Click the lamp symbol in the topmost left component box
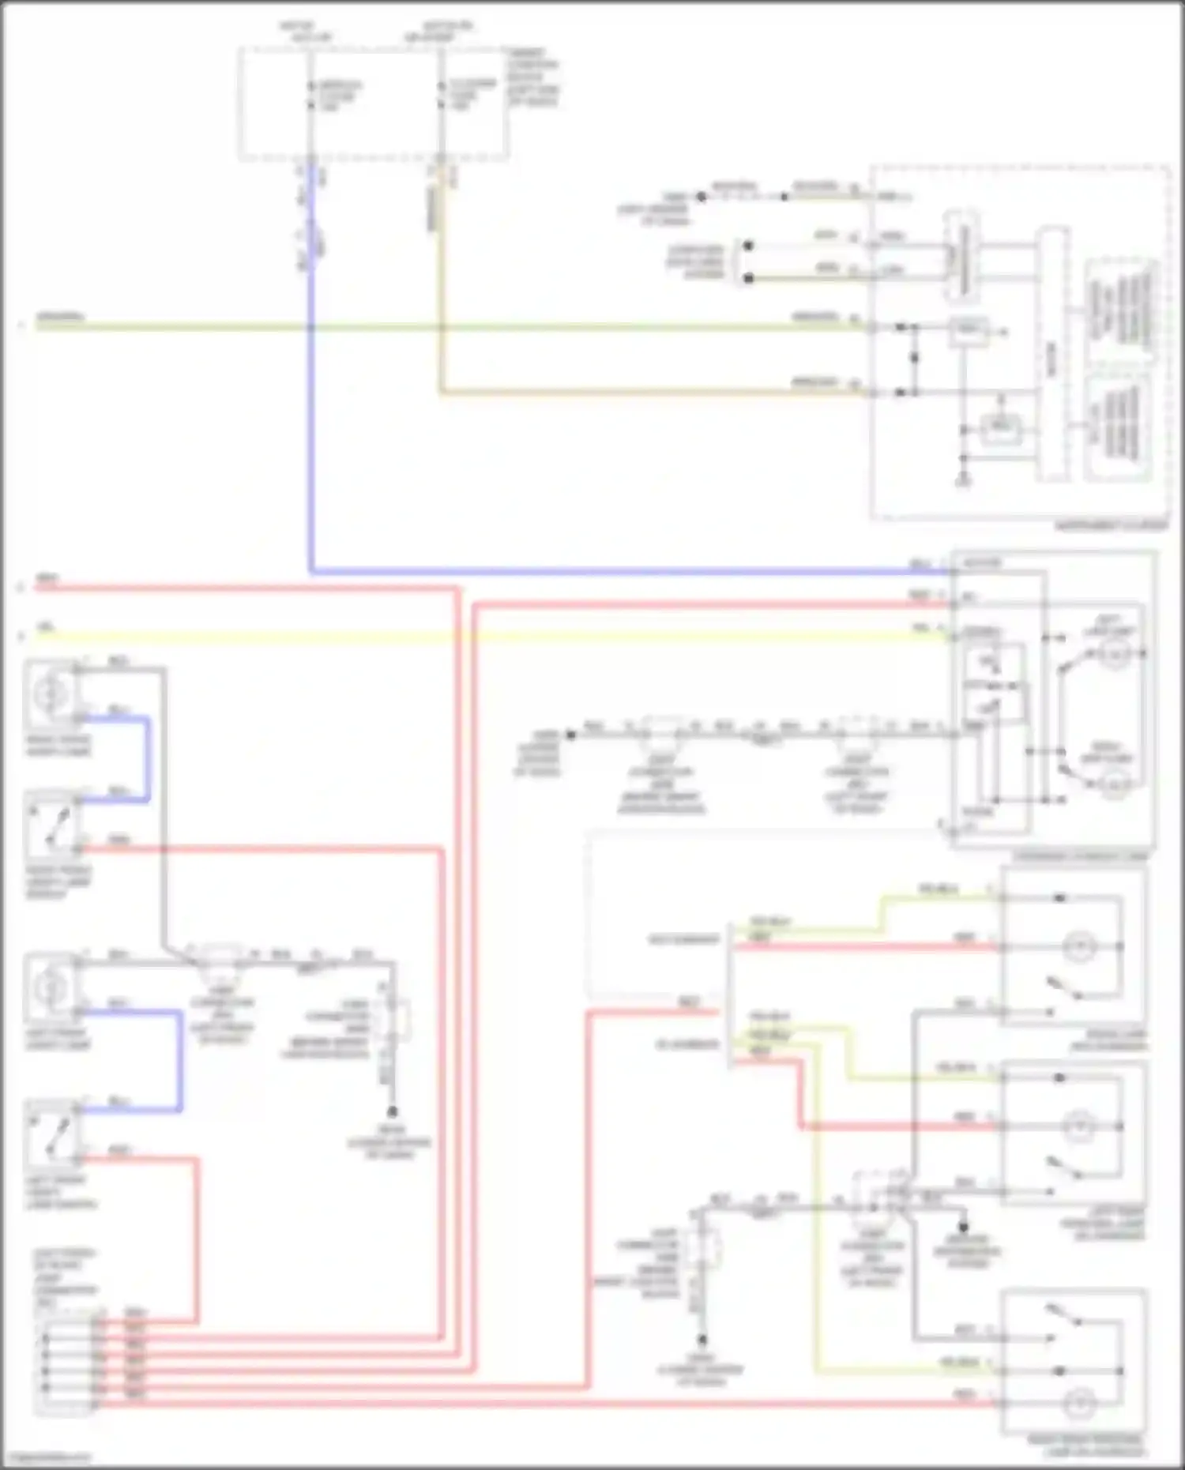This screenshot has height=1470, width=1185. [49, 693]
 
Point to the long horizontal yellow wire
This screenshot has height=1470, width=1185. [474, 636]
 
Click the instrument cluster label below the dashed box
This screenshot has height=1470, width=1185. [1110, 526]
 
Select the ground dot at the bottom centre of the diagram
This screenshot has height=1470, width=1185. [702, 1340]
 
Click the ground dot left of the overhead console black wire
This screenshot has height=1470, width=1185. [570, 735]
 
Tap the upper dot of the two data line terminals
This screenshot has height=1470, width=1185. [748, 246]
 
